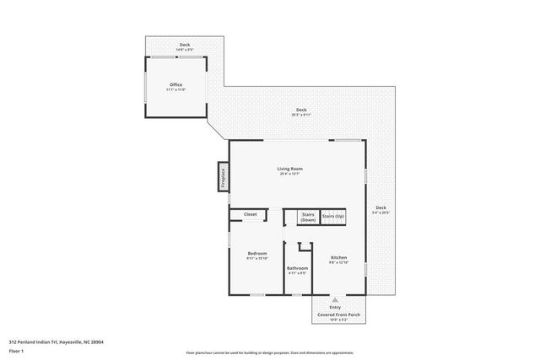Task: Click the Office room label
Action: [175, 84]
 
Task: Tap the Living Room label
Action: [289, 169]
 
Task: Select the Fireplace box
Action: [223, 178]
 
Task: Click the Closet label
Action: [251, 214]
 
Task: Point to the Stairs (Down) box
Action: [308, 217]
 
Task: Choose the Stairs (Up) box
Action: [333, 217]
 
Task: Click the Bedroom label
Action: [257, 253]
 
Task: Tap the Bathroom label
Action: [297, 268]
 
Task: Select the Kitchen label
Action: [338, 257]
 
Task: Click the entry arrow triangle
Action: [335, 299]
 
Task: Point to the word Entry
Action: [335, 309]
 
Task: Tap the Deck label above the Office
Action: [184, 45]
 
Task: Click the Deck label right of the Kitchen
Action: [381, 207]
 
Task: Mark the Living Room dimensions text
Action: [289, 175]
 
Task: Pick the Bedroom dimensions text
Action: [257, 259]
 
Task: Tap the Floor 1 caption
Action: [16, 350]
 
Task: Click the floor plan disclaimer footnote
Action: [269, 352]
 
